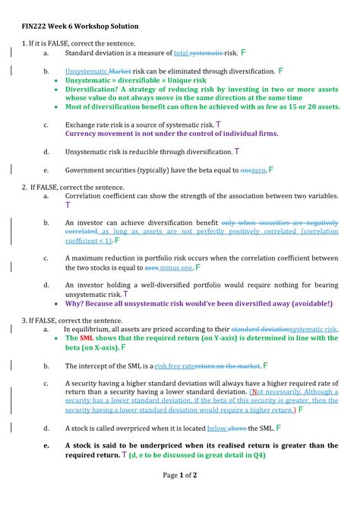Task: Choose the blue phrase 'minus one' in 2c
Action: [175, 267]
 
